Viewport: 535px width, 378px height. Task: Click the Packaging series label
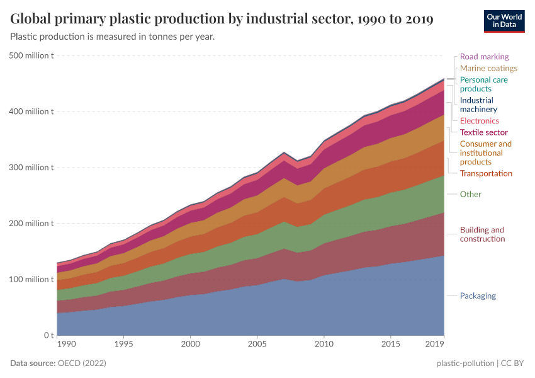[x=478, y=295]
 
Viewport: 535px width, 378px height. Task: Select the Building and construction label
[x=482, y=234]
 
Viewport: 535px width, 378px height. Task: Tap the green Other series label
[x=470, y=194]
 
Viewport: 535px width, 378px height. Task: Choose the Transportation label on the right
[x=486, y=173]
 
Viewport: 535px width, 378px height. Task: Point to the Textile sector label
[x=483, y=132]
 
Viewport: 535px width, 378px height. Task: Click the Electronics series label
[x=479, y=120]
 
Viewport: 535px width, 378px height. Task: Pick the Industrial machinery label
[x=478, y=105]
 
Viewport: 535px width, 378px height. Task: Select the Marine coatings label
[x=488, y=68]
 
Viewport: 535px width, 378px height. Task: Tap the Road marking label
[x=484, y=57]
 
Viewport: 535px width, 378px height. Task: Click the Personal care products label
[x=483, y=84]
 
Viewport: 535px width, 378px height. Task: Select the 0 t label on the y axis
[x=48, y=335]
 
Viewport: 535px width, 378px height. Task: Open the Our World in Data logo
[x=504, y=20]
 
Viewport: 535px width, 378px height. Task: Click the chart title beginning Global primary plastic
[x=222, y=19]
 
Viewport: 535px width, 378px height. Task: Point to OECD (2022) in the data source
[x=82, y=364]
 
